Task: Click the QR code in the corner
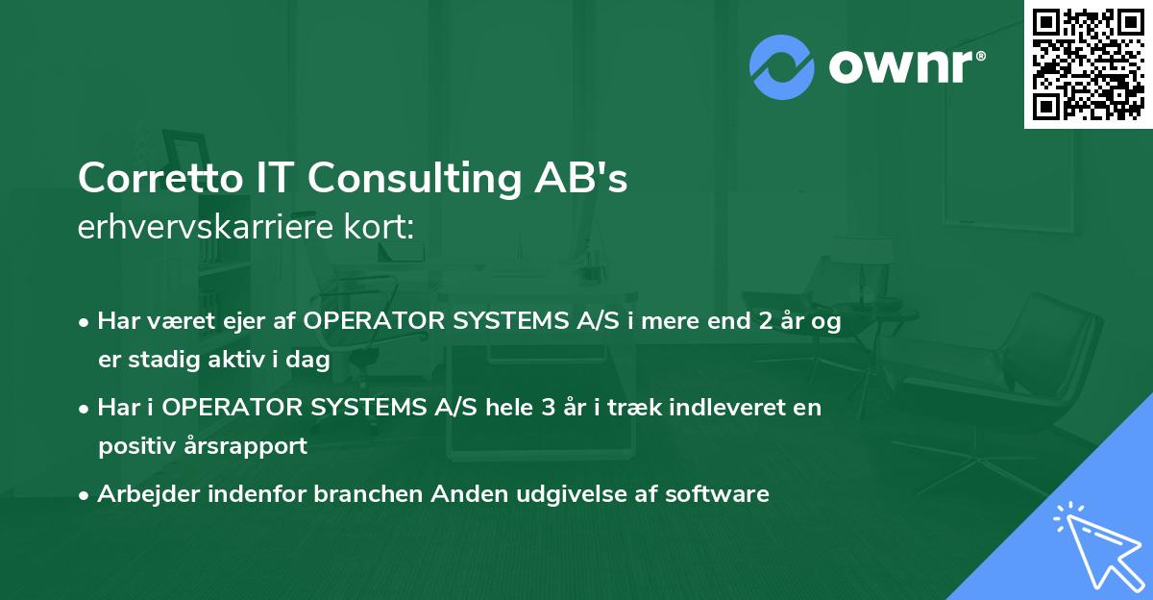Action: click(1088, 63)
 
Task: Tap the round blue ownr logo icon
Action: click(781, 66)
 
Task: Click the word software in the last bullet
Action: click(722, 494)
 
